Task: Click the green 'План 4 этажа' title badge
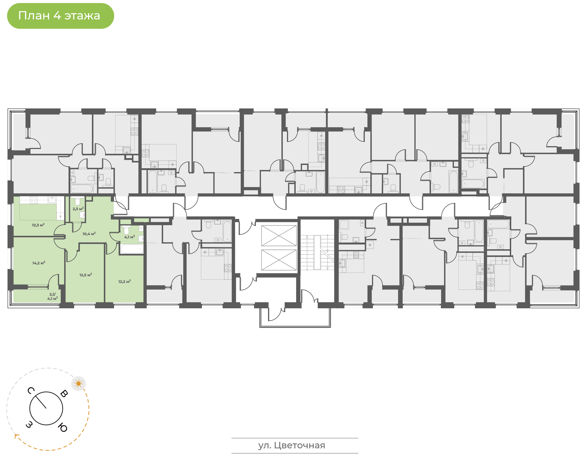pos(61,16)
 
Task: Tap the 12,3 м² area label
pos(38,225)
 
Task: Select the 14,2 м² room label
pos(39,263)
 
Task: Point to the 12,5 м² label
pos(86,275)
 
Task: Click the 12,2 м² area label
pos(124,281)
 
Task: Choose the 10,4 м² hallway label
pos(89,234)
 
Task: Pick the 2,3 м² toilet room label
pos(78,209)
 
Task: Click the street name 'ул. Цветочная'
pos(292,445)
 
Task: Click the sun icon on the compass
pos(79,384)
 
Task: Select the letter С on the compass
pos(31,391)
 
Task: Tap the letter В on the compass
pos(64,393)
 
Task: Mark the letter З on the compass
pos(29,425)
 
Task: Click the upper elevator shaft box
pos(279,236)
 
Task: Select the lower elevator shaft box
pos(279,260)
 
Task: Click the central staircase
pos(317,252)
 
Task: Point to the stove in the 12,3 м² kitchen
pos(34,200)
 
